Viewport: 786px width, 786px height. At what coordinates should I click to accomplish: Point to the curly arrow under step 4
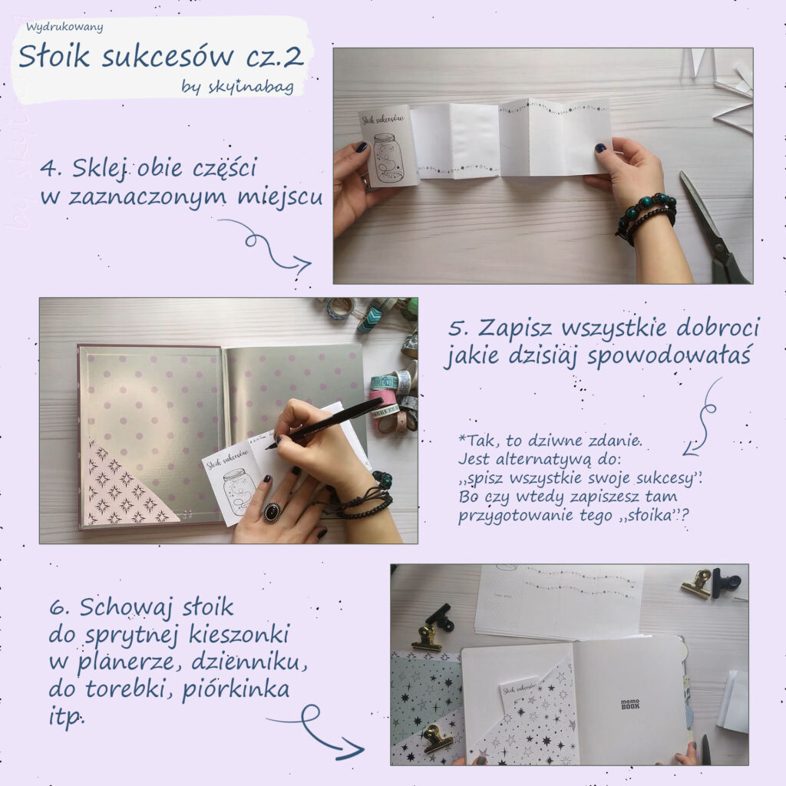269,246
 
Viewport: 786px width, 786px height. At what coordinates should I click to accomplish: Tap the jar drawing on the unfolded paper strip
388,158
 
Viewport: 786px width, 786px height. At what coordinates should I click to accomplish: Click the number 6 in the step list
56,608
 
